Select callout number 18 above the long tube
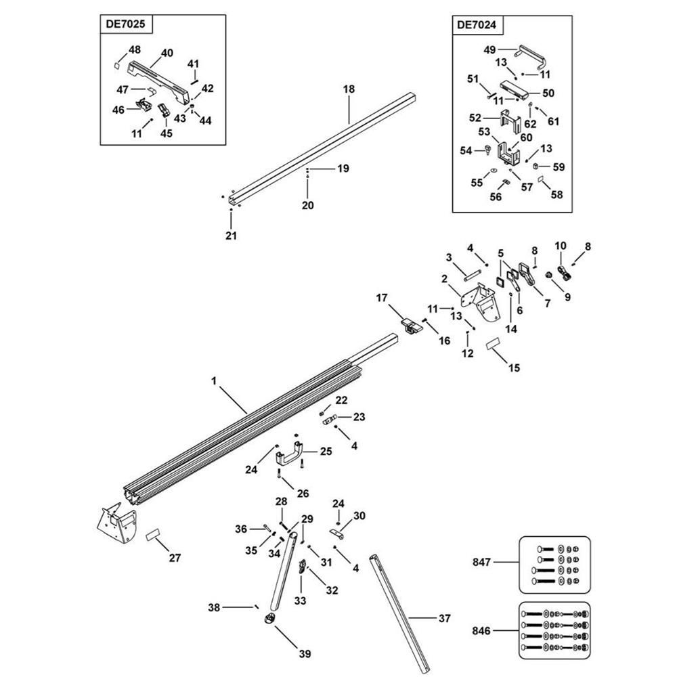pos(349,89)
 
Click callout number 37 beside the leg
pos(444,618)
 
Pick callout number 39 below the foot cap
pos(305,653)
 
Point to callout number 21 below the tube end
pos(231,236)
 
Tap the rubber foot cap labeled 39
pos(269,619)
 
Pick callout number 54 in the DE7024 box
pos(465,150)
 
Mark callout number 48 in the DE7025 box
pos(135,49)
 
